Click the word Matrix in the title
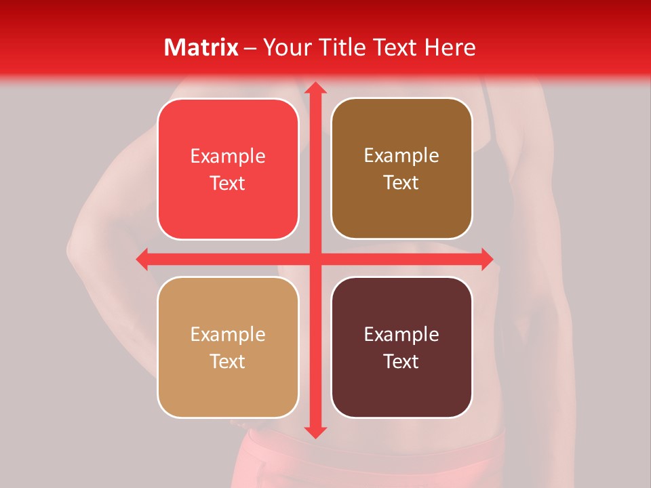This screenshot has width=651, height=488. coord(201,47)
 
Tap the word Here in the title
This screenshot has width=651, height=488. coord(450,47)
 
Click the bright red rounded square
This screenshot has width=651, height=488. coord(228,169)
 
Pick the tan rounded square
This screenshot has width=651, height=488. coord(228,347)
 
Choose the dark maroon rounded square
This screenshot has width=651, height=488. coord(401,347)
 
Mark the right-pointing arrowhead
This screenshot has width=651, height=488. coord(486,259)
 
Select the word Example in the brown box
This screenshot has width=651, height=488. coord(401,156)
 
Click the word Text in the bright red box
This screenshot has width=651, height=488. coord(228,183)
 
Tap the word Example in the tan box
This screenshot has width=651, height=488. coord(228,334)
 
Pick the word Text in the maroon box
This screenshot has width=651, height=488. coord(401,361)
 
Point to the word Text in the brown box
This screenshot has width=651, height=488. coord(401,182)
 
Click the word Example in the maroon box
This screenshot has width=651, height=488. coord(401,334)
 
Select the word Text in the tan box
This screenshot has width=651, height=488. coord(228,361)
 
